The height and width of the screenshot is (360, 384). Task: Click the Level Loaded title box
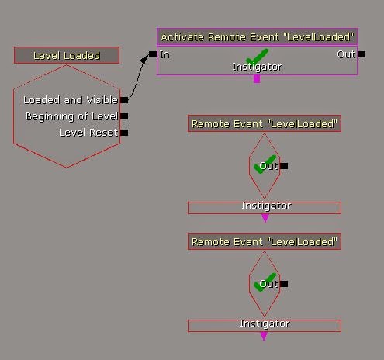pyautogui.click(x=67, y=55)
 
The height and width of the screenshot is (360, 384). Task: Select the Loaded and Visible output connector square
pyautogui.click(x=124, y=100)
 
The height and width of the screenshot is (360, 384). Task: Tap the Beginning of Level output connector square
pyautogui.click(x=124, y=116)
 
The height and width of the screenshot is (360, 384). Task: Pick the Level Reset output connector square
pyautogui.click(x=124, y=133)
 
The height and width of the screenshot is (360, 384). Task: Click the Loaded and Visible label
pyautogui.click(x=71, y=100)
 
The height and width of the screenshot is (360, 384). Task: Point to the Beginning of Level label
pyautogui.click(x=71, y=116)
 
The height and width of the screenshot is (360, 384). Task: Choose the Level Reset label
pyautogui.click(x=88, y=133)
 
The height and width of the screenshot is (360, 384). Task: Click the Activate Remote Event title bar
pyautogui.click(x=258, y=37)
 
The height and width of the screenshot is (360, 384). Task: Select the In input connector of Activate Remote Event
pyautogui.click(x=153, y=54)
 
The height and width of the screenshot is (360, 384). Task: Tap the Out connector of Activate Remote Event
pyautogui.click(x=362, y=54)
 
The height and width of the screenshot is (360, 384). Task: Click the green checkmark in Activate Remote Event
pyautogui.click(x=257, y=57)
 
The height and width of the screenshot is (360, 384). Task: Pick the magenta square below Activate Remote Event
pyautogui.click(x=257, y=79)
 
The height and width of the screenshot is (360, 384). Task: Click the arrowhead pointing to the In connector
pyautogui.click(x=144, y=59)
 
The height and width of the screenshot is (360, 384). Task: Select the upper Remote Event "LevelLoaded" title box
pyautogui.click(x=265, y=123)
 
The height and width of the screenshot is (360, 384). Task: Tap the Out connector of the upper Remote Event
pyautogui.click(x=284, y=166)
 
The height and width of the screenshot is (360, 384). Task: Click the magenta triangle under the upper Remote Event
pyautogui.click(x=265, y=218)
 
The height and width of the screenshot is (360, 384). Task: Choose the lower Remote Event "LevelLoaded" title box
pyautogui.click(x=265, y=241)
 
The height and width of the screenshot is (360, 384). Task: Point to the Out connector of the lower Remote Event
pyautogui.click(x=284, y=284)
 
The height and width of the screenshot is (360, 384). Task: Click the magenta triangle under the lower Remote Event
pyautogui.click(x=264, y=336)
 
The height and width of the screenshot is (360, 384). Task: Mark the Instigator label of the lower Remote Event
pyautogui.click(x=265, y=324)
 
